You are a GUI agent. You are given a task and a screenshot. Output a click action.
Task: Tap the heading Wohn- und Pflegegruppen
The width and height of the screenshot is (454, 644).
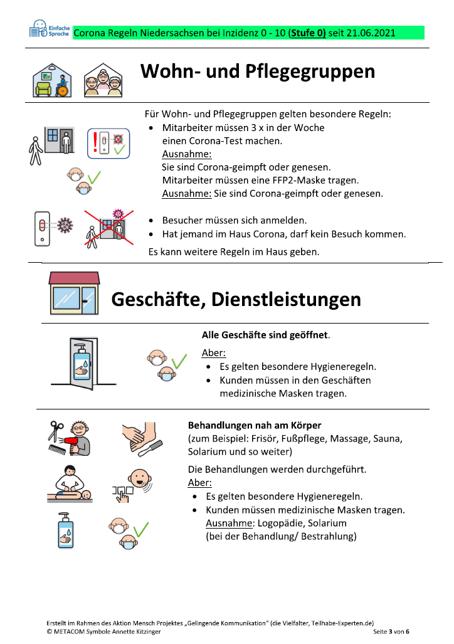point(258,71)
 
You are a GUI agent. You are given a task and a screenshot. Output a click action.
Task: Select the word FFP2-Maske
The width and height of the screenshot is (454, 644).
point(301,181)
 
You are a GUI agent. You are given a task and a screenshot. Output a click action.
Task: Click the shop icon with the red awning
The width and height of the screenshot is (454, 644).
point(74,293)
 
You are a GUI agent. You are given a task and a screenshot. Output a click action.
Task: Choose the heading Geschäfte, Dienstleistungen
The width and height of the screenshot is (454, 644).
point(236,300)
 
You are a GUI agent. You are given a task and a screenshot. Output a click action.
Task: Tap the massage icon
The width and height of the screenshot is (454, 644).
point(70,484)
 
